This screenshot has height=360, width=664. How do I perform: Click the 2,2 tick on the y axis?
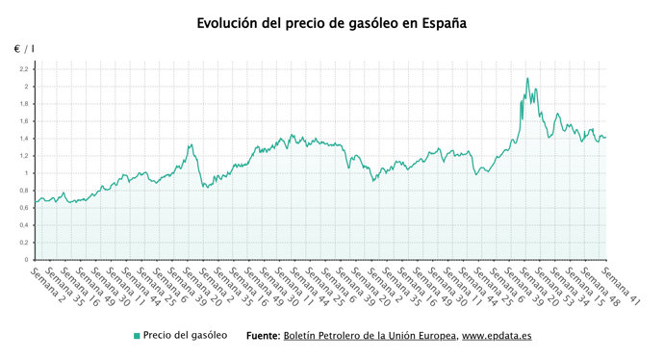[x=23, y=69]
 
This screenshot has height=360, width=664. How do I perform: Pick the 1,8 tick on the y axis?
[x=23, y=104]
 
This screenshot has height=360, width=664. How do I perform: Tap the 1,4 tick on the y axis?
[x=23, y=139]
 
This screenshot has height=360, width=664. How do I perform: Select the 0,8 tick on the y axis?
[x=23, y=191]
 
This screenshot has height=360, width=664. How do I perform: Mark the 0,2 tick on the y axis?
[x=23, y=243]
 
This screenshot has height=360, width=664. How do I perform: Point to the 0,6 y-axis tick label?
[x=23, y=208]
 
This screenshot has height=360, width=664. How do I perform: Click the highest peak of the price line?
[x=527, y=78]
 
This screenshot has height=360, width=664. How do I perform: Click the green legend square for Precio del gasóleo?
[x=137, y=336]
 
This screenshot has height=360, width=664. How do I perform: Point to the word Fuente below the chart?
[x=262, y=336]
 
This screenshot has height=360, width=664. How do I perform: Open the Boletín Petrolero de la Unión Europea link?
[x=370, y=336]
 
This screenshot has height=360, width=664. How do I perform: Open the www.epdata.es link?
[x=498, y=336]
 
